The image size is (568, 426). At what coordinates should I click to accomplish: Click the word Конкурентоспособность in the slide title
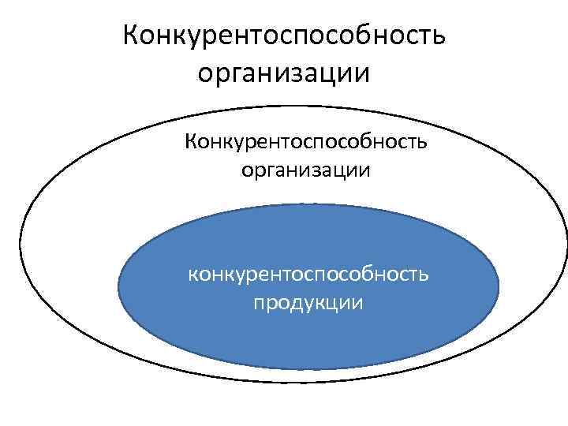(284, 35)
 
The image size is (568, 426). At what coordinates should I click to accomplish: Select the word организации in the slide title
(284, 74)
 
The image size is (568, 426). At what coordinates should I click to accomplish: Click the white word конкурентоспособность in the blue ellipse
(308, 274)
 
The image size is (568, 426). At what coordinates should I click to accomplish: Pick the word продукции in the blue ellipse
(308, 302)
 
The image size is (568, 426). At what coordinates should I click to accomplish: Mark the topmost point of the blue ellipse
(308, 204)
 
